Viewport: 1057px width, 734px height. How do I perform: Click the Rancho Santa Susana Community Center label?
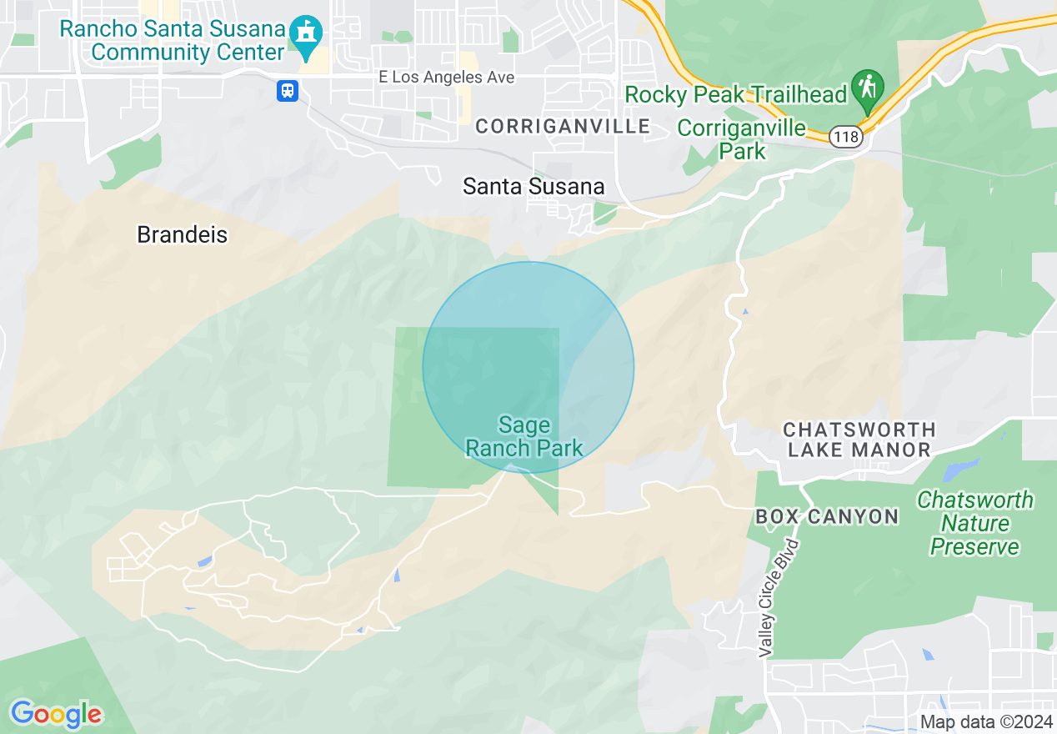[173, 40]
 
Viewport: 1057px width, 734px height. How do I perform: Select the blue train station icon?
[288, 90]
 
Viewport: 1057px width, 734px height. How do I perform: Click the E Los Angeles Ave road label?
[446, 78]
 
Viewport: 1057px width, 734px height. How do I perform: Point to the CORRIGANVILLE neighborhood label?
[563, 126]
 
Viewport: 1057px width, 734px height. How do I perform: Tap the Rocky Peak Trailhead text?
[735, 95]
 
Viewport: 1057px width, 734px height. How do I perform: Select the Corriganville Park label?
[741, 139]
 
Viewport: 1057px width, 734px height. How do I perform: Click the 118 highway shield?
[846, 137]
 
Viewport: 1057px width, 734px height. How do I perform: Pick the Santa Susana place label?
[534, 187]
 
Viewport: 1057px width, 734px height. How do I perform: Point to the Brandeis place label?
[182, 235]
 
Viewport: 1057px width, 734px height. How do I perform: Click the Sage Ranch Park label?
[524, 437]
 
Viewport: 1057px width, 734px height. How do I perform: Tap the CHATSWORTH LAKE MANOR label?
[859, 440]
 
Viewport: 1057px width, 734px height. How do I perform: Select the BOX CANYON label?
[827, 517]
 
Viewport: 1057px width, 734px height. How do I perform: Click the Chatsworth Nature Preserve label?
[974, 523]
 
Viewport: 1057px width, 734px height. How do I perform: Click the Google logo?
[56, 714]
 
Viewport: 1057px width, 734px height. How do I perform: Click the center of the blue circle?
[528, 367]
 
